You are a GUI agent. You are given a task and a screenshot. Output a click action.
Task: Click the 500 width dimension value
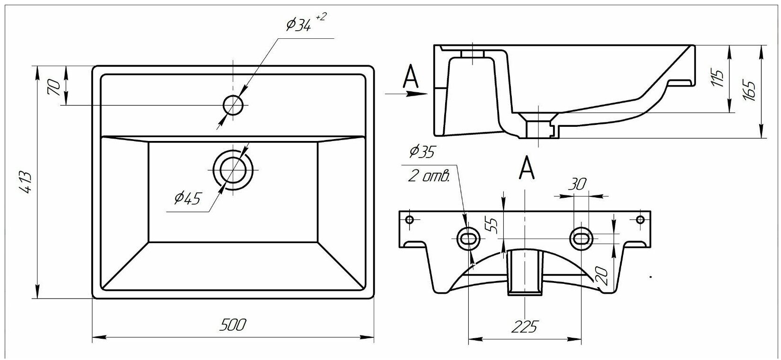pos(233,325)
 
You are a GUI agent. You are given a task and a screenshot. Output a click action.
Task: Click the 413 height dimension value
pos(26,182)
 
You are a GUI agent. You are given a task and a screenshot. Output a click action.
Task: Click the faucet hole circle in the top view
pos(233,105)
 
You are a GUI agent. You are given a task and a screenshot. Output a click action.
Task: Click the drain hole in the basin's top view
pos(233,169)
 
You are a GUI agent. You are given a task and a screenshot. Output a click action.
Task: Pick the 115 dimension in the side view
pos(719,79)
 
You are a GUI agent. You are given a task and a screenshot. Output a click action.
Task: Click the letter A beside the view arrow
pos(410,77)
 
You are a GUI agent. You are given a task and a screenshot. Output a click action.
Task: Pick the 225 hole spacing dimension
pos(525,326)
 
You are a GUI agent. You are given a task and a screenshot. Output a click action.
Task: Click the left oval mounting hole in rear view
pos(468,238)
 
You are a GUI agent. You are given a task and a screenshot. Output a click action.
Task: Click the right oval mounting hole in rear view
pos(580,238)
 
